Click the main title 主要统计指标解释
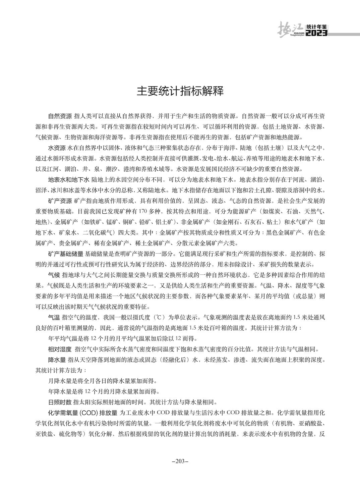point(180,91)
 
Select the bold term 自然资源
point(60,116)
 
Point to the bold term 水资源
point(57,148)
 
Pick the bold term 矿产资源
point(60,201)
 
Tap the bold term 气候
point(54,275)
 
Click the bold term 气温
point(54,317)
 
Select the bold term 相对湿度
point(60,349)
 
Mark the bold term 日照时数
point(60,402)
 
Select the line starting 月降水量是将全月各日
point(102,381)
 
